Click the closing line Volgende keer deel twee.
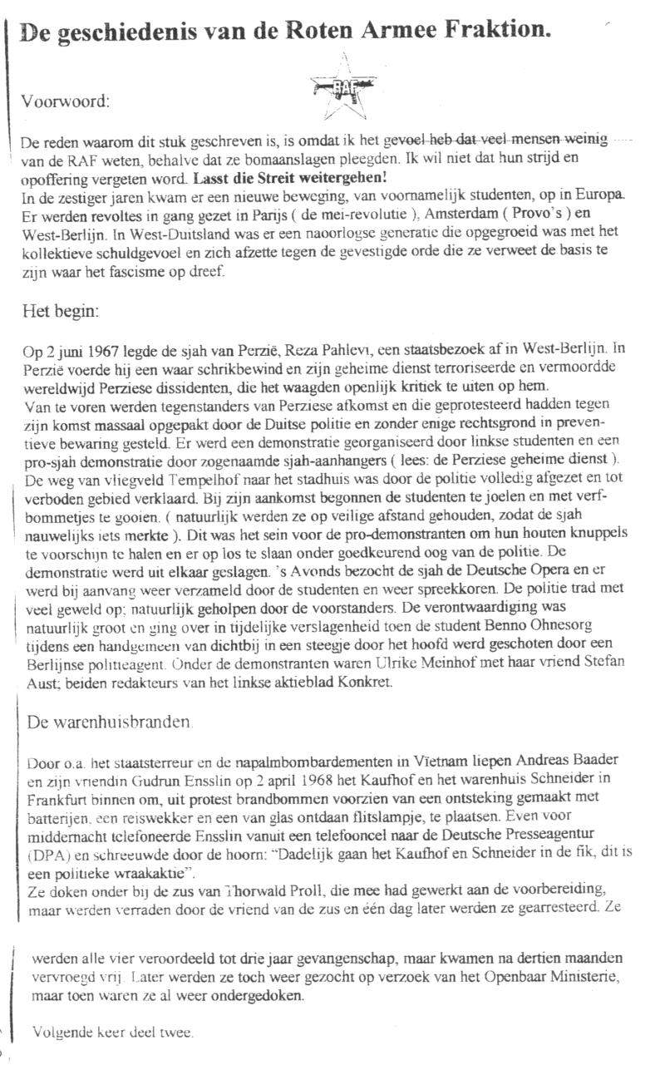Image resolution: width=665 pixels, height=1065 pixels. point(112,1033)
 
